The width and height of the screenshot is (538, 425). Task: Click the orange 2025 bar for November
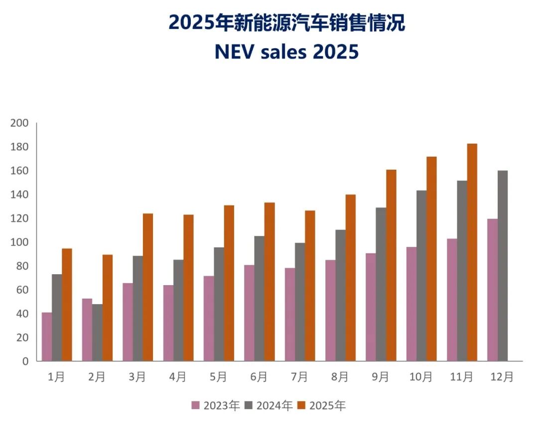(x=472, y=252)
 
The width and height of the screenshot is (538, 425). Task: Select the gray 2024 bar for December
(x=502, y=266)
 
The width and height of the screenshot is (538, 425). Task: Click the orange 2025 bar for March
(x=148, y=287)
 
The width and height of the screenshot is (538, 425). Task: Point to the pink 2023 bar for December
(x=492, y=290)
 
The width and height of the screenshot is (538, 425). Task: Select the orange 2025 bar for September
(x=391, y=265)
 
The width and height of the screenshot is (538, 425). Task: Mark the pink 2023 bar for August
(x=330, y=311)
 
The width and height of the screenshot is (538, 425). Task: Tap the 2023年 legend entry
(x=216, y=406)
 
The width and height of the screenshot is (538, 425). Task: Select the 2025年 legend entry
(x=321, y=406)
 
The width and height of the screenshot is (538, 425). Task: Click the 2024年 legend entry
(x=269, y=406)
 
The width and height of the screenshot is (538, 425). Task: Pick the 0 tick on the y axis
(x=25, y=361)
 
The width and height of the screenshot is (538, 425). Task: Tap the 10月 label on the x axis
(x=421, y=377)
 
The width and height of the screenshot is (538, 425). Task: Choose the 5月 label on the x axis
(x=218, y=377)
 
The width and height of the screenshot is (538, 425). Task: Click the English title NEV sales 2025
(x=286, y=52)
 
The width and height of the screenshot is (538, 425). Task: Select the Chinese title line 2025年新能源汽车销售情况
(x=286, y=23)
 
